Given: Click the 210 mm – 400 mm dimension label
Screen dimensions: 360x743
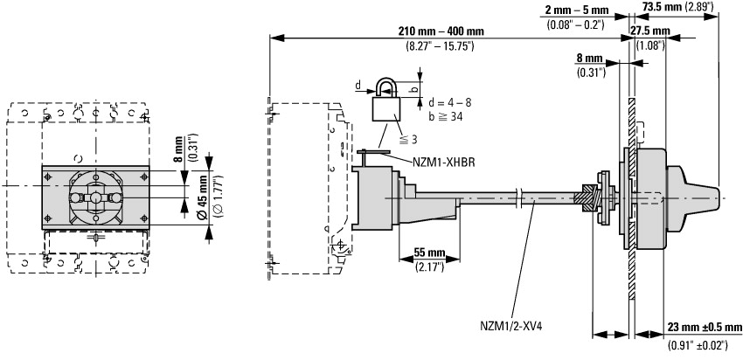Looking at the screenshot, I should coord(440,31).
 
